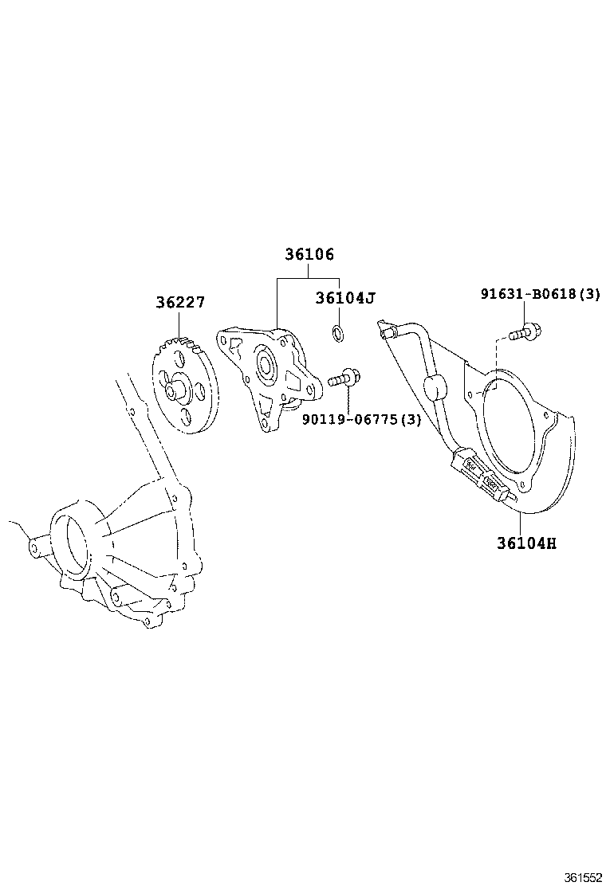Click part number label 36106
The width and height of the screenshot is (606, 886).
point(309,255)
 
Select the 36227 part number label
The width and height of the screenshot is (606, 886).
point(180,303)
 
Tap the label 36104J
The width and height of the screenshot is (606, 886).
point(344,298)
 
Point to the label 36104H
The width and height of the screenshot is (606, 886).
point(526,543)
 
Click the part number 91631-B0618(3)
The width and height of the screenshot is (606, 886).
point(540,294)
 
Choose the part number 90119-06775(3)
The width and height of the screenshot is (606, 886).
point(361,420)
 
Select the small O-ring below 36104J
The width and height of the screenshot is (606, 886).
point(337,331)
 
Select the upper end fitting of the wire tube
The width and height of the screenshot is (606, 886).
point(387,328)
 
